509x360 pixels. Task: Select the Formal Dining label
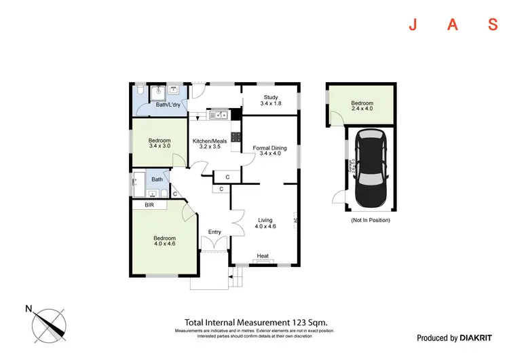[x=269, y=150]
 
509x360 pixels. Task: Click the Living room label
[x=265, y=223]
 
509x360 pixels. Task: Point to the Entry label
[x=214, y=232]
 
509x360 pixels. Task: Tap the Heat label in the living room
[x=263, y=256]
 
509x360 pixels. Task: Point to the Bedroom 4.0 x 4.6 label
[x=164, y=241]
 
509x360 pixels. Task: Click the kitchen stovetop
[x=236, y=137]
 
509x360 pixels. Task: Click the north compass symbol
[x=48, y=325]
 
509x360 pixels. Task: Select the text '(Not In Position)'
[x=370, y=220]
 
